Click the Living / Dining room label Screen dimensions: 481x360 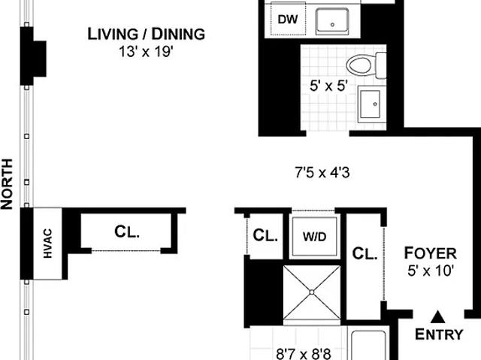pos(147,34)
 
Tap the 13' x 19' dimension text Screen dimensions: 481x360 pos(147,52)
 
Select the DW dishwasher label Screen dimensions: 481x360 pos(288,20)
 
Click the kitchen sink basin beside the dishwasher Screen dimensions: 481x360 pos(332,20)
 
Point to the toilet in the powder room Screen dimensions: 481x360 pos(366,65)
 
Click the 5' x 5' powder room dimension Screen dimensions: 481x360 pos(328,86)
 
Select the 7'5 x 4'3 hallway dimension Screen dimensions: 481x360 pos(322,173)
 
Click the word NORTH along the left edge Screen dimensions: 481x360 pos(7,184)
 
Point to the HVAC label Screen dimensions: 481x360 pos(48,244)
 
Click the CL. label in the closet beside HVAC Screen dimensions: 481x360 pos(127,231)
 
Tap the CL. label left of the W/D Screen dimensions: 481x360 pos(265,236)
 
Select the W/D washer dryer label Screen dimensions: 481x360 pos(314,237)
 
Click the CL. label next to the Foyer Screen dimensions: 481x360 pos(365,254)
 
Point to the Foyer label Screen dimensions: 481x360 pos(430,253)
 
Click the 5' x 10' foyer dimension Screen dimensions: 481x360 pos(431,271)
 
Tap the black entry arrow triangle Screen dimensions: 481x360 pos(437,317)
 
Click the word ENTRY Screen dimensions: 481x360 pos(439,334)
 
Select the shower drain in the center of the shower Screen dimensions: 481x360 pos(312,292)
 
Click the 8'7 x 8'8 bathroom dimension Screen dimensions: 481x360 pos(304,354)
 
